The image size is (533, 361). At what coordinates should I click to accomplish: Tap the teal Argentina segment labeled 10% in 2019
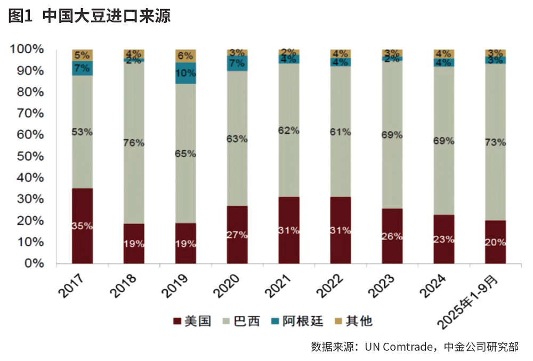[x=185, y=73]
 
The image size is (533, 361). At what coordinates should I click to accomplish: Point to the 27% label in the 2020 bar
[x=237, y=235]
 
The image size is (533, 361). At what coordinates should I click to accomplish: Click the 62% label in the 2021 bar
[x=289, y=130]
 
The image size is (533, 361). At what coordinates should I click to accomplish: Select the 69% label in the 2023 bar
[x=392, y=135]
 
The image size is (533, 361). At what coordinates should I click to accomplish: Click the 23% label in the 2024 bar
[x=443, y=239]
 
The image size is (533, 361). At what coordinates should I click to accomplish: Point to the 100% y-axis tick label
[x=26, y=49]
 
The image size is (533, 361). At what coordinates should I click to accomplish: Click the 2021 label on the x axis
[x=280, y=285]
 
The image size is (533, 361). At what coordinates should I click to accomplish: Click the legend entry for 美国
[x=192, y=321]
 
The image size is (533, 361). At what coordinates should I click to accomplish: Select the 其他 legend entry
[x=352, y=321]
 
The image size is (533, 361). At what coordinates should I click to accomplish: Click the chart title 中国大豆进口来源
[x=107, y=17]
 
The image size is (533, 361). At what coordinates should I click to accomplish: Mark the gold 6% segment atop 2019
[x=185, y=55]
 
